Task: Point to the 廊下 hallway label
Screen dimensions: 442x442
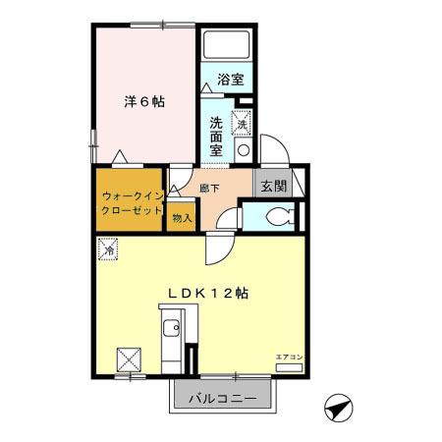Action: coord(209,187)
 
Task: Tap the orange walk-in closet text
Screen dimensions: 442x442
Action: coord(128,203)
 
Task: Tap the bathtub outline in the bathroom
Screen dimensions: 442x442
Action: coord(228,46)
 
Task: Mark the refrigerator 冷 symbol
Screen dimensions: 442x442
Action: coord(107,250)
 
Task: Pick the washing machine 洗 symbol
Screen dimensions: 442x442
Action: coord(242,124)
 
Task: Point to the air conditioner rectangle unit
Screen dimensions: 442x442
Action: coord(288,367)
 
